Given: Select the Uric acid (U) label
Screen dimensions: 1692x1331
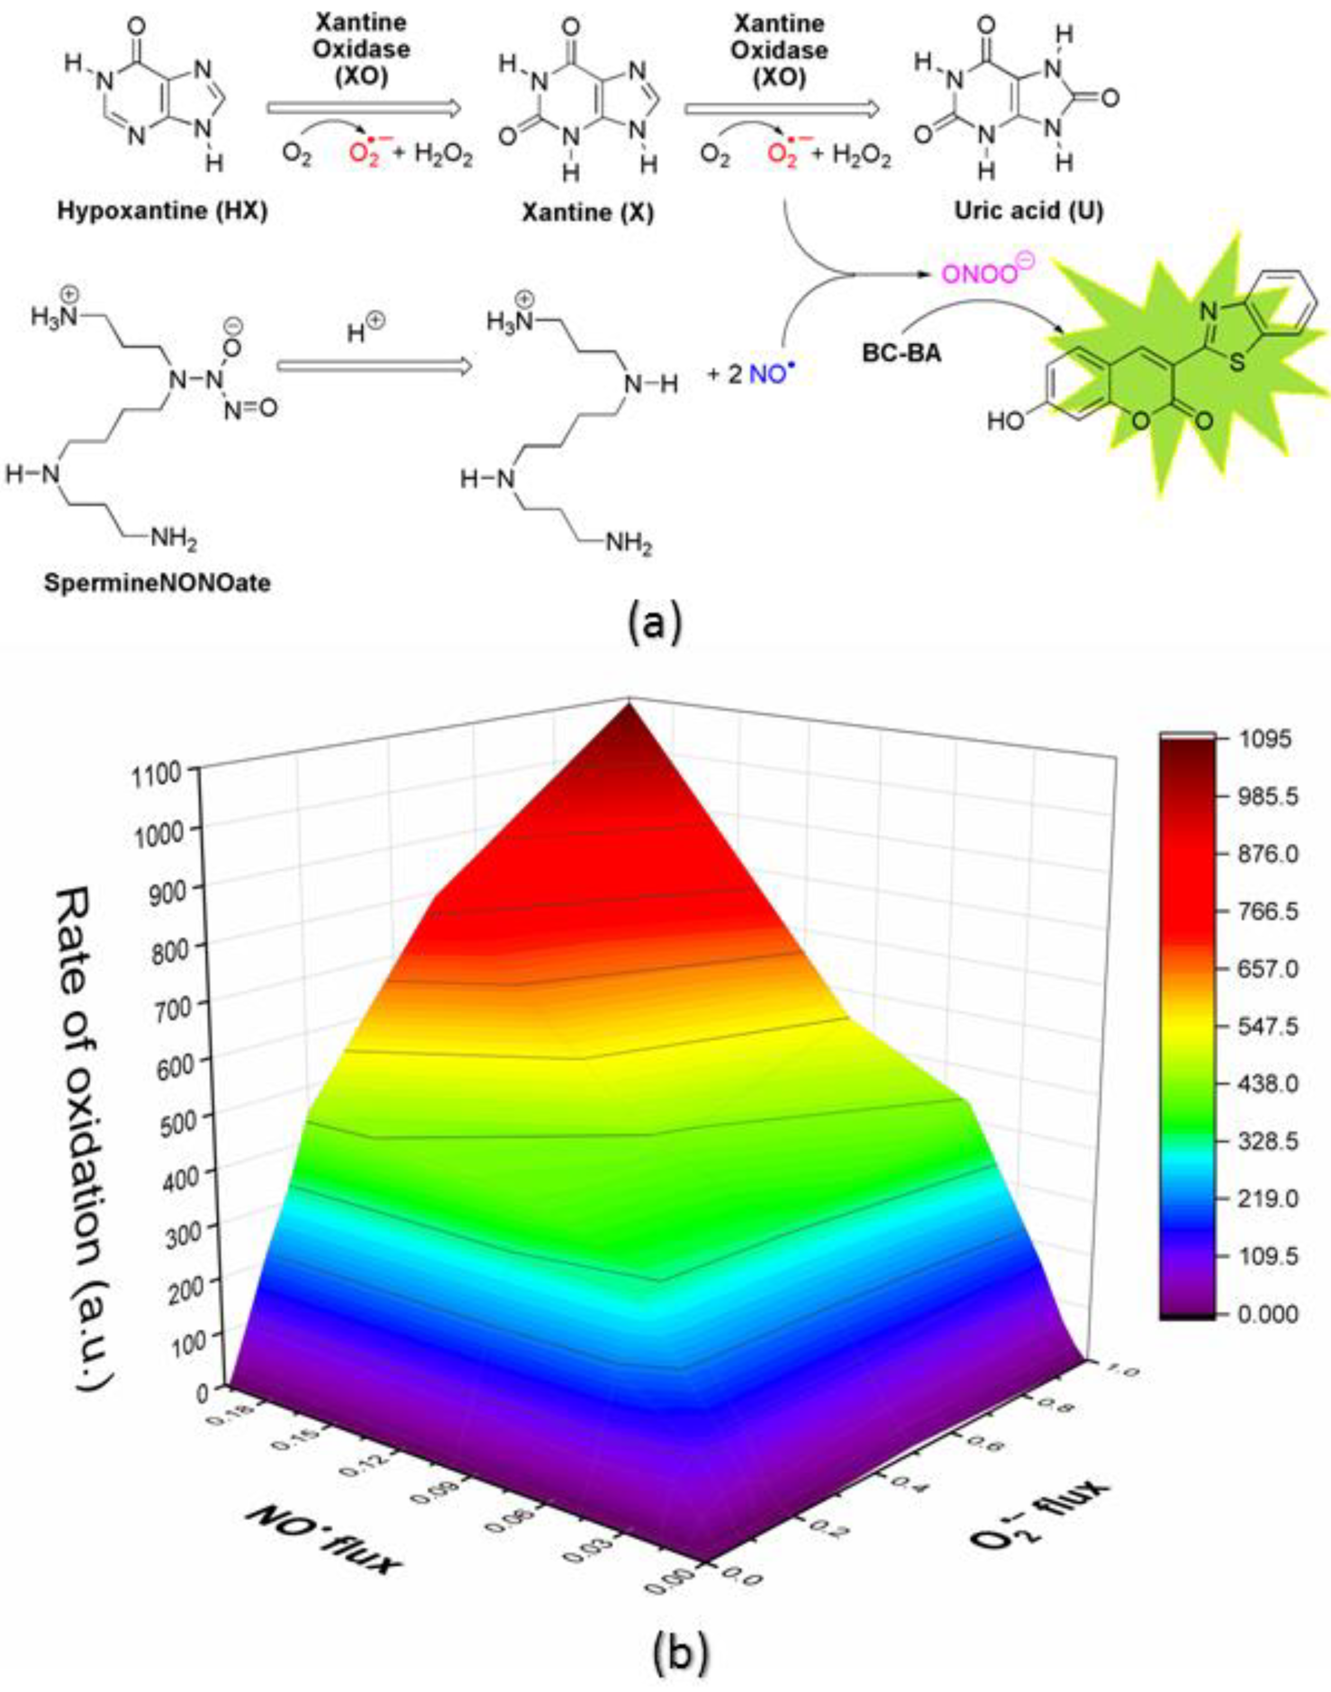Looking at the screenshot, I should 1030,210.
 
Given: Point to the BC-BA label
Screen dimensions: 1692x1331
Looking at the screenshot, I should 902,353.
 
